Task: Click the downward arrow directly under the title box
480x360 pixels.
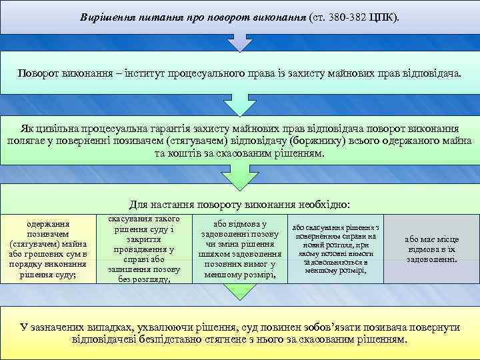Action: click(x=240, y=42)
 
